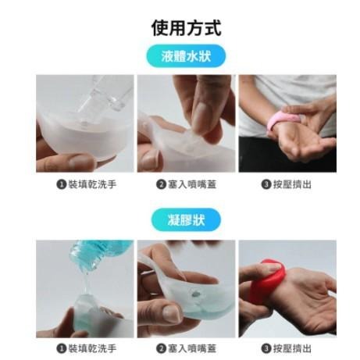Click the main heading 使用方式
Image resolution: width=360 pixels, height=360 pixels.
pos(186,29)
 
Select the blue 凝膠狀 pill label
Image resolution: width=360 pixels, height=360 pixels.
pos(186,219)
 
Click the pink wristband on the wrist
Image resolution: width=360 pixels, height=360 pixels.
pos(280,122)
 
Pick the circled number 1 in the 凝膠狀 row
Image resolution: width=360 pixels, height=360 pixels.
pos(62,348)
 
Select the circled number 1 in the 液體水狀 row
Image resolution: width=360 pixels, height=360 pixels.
pos(62,185)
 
